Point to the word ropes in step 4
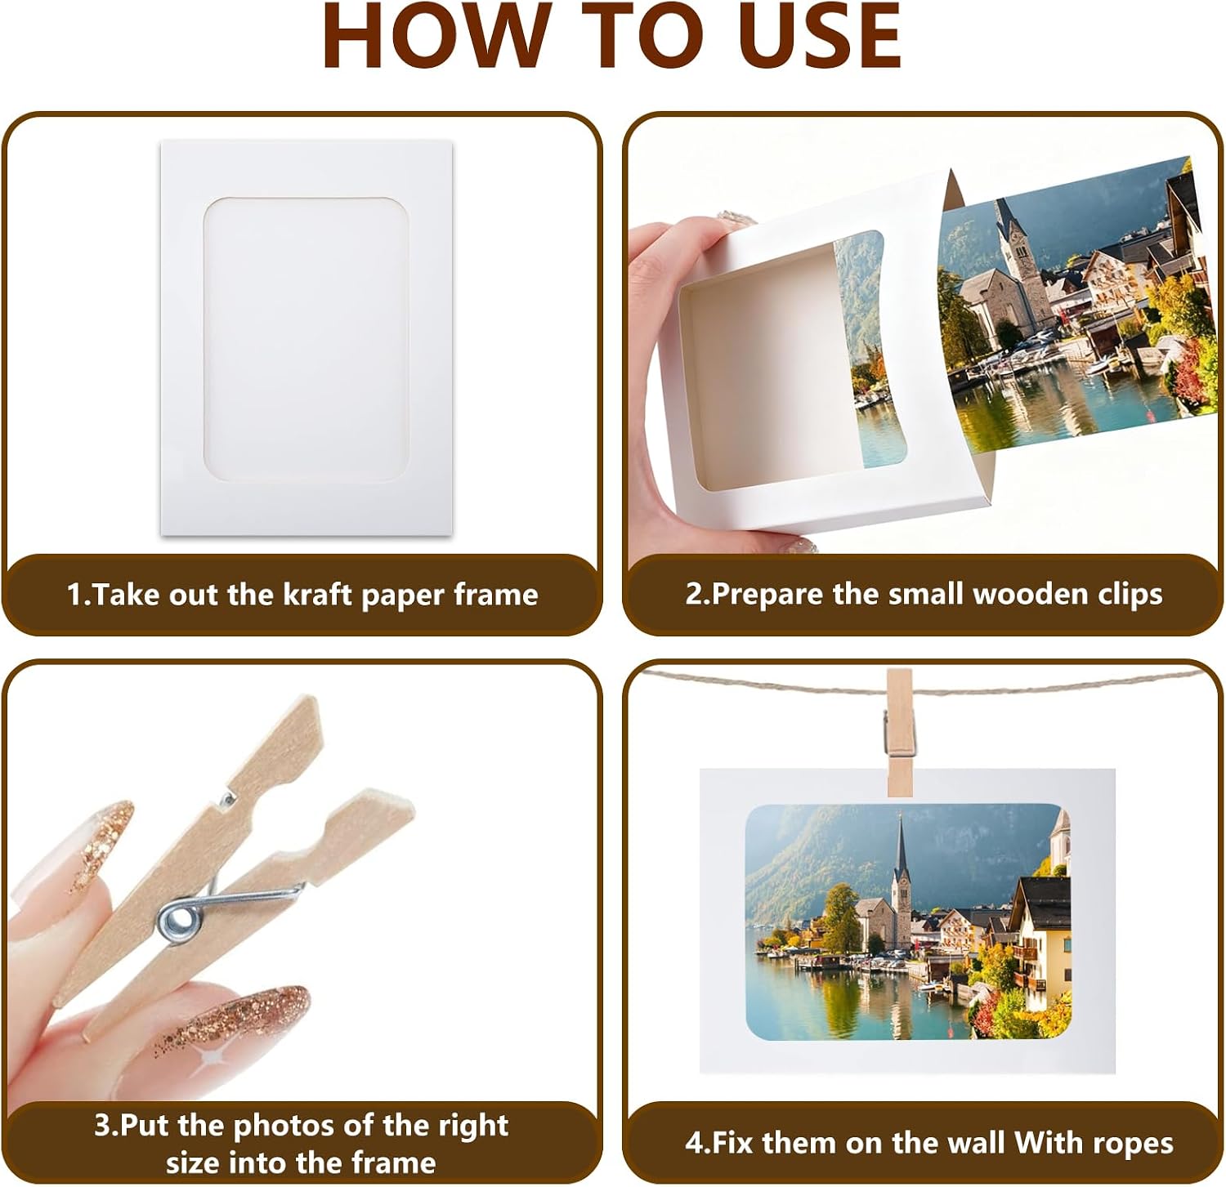point(1134,1143)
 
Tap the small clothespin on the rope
point(899,732)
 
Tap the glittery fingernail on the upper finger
point(102,846)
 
